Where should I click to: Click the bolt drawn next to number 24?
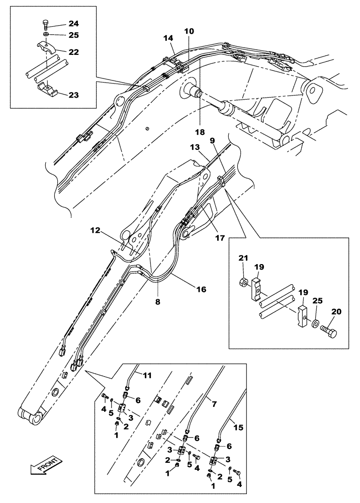pyautogui.click(x=45, y=24)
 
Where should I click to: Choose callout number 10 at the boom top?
pyautogui.click(x=188, y=31)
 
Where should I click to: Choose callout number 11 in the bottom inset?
pyautogui.click(x=147, y=375)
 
